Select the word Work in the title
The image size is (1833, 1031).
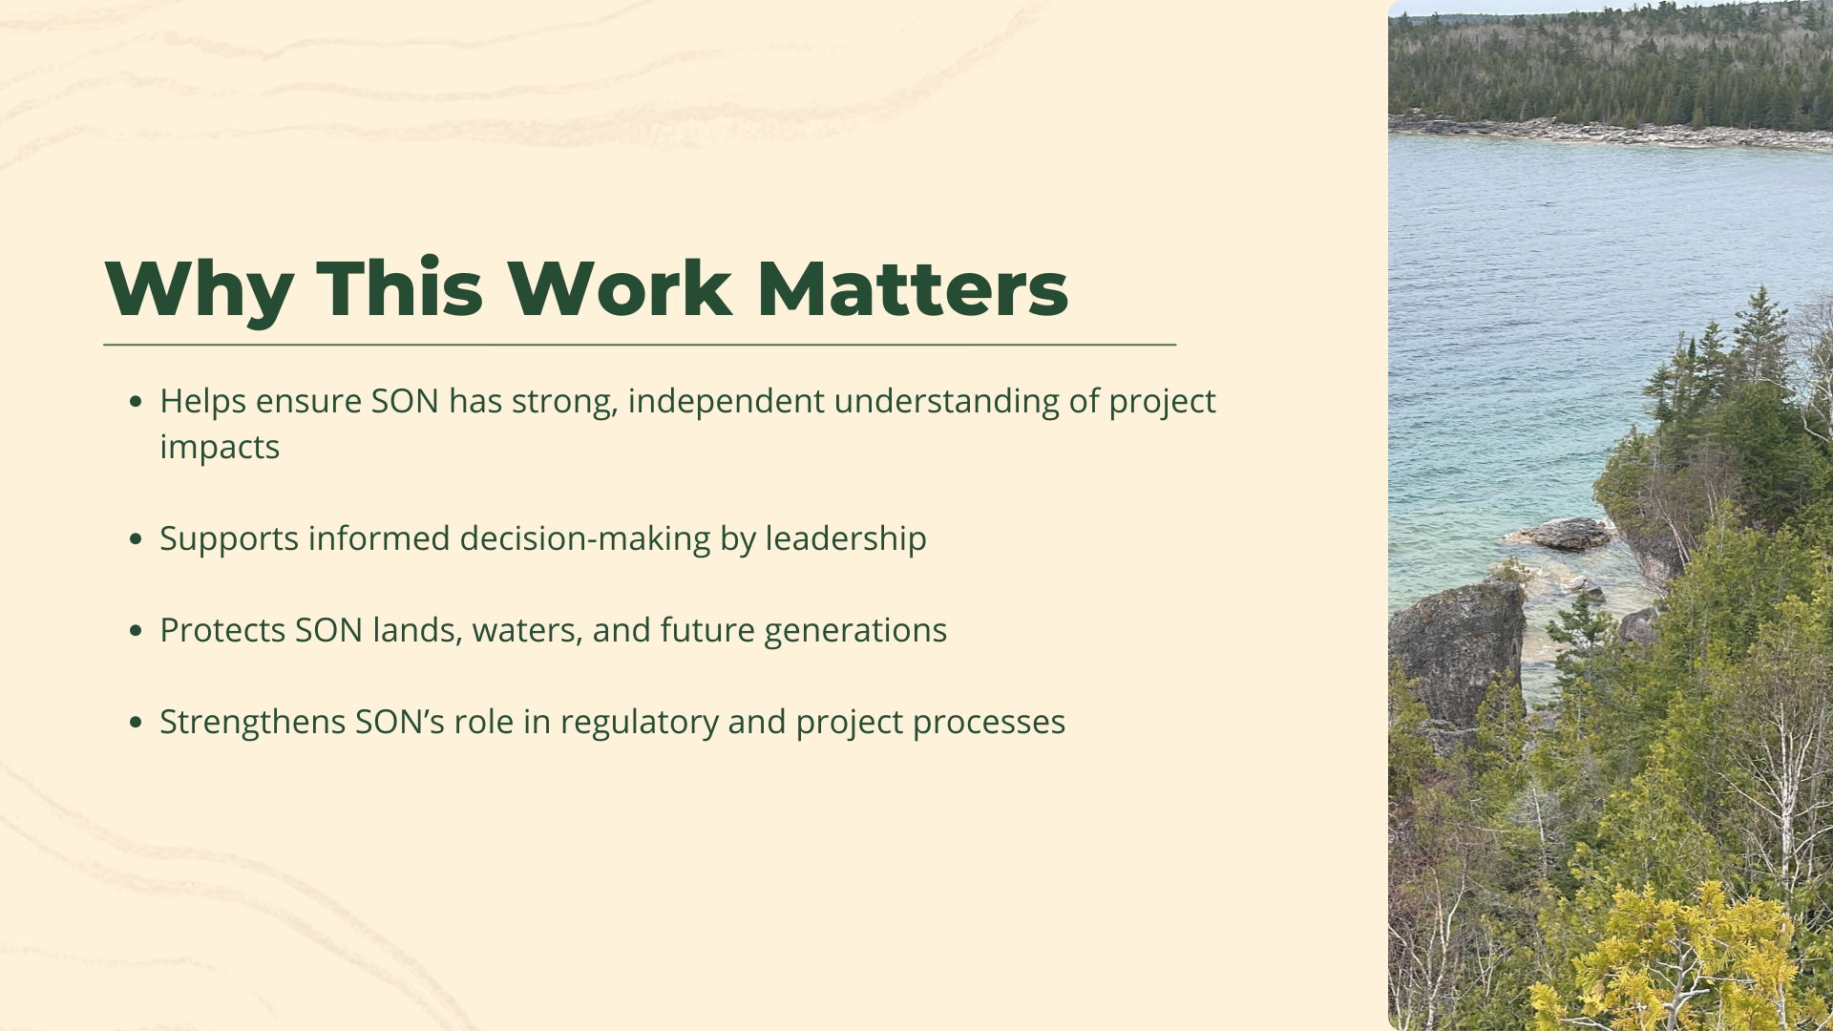pyautogui.click(x=619, y=289)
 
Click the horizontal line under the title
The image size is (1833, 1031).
pyautogui.click(x=640, y=345)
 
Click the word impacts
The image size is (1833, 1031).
pyautogui.click(x=220, y=447)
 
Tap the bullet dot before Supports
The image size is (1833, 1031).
pyautogui.click(x=136, y=539)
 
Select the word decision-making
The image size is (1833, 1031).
pyautogui.click(x=585, y=538)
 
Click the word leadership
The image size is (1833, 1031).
pyautogui.click(x=845, y=538)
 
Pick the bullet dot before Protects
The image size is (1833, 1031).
pyautogui.click(x=136, y=631)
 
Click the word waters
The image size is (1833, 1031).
pyautogui.click(x=527, y=630)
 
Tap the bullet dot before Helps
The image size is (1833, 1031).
pyautogui.click(x=136, y=402)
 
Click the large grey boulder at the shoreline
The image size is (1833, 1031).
pyautogui.click(x=1456, y=649)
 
